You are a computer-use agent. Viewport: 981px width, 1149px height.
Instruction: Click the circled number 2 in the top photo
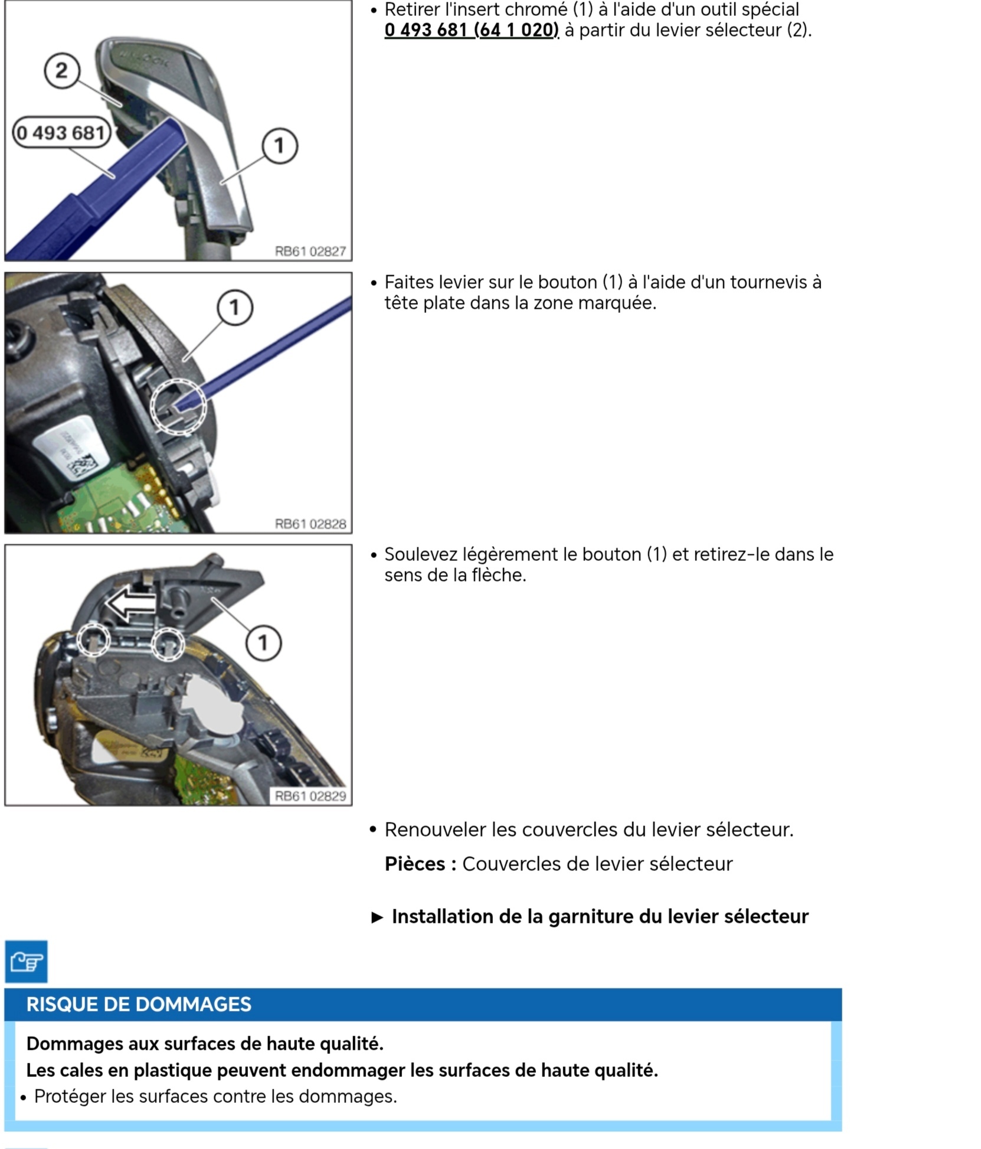pyautogui.click(x=61, y=71)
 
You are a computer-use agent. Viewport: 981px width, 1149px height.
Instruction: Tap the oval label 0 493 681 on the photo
pyautogui.click(x=61, y=133)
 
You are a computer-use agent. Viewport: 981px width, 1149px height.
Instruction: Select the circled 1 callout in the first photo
pyautogui.click(x=279, y=146)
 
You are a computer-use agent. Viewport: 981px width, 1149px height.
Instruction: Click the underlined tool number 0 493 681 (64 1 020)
pyautogui.click(x=471, y=30)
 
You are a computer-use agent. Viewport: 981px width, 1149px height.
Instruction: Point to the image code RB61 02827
pyautogui.click(x=310, y=252)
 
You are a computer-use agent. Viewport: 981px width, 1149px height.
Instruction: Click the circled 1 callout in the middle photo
pyautogui.click(x=235, y=307)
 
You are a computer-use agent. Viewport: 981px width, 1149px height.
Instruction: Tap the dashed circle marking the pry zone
pyautogui.click(x=178, y=407)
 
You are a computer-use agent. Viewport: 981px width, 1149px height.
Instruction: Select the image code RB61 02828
pyautogui.click(x=310, y=524)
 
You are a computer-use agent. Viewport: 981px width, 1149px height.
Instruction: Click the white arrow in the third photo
pyautogui.click(x=131, y=604)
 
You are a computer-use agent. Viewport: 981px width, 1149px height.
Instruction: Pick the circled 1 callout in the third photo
pyautogui.click(x=263, y=642)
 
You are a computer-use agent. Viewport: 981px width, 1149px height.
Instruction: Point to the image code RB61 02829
pyautogui.click(x=310, y=796)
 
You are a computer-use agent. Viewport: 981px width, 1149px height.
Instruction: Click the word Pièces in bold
pyautogui.click(x=415, y=864)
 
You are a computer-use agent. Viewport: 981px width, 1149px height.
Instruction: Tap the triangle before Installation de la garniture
pyautogui.click(x=377, y=917)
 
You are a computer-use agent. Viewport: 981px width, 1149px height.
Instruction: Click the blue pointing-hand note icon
pyautogui.click(x=26, y=962)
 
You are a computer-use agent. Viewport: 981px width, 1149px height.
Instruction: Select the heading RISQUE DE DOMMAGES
pyautogui.click(x=139, y=1004)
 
